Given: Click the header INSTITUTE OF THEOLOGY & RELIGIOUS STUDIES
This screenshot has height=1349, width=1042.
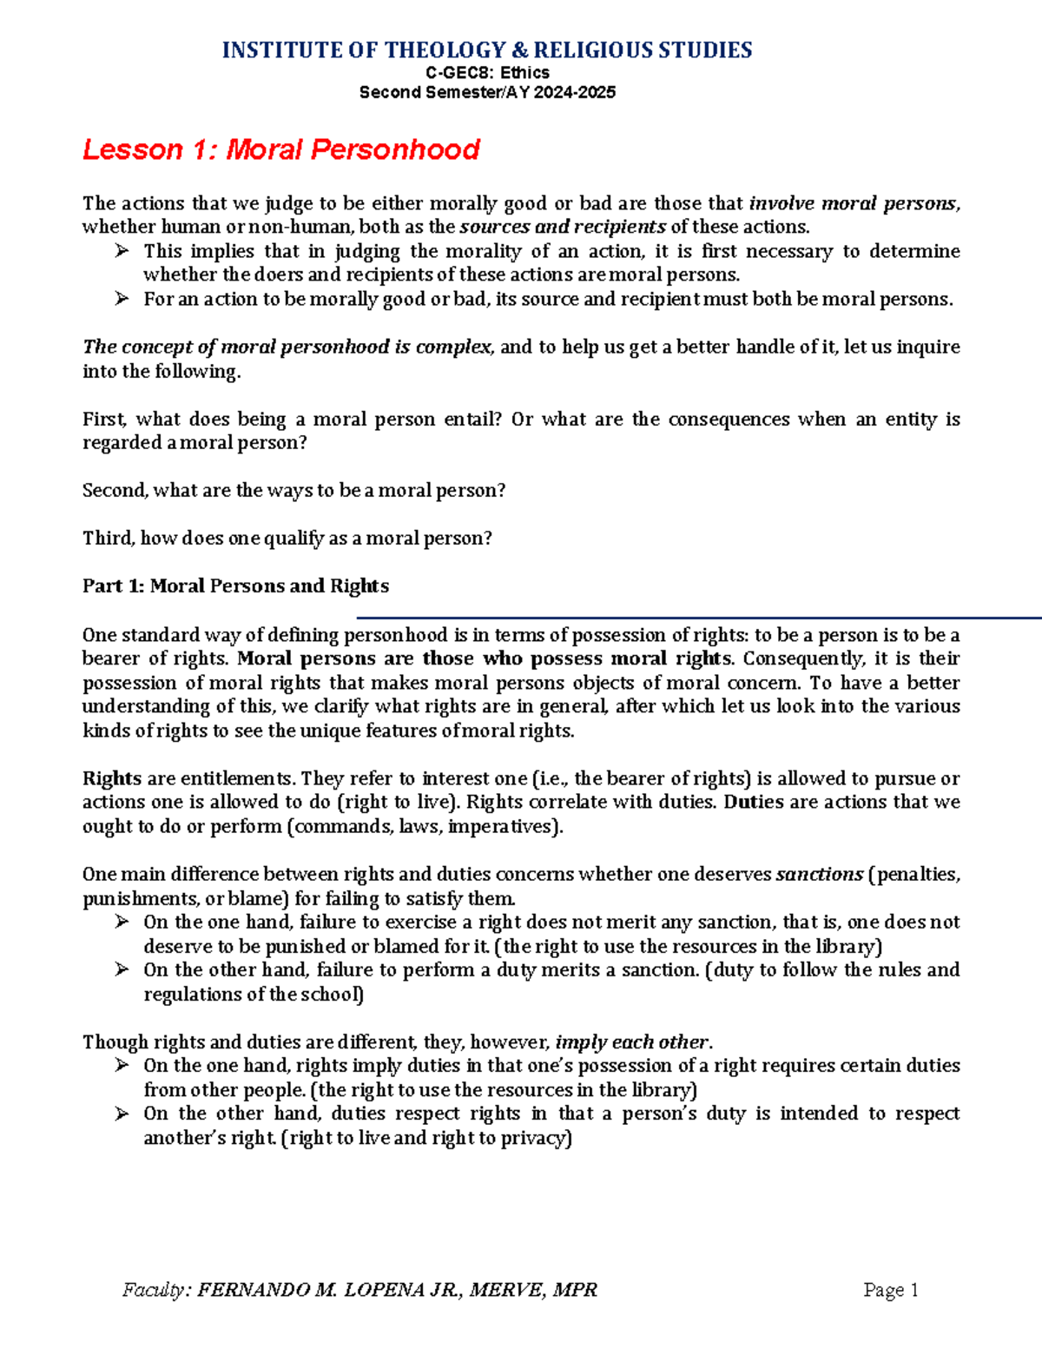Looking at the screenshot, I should (487, 50).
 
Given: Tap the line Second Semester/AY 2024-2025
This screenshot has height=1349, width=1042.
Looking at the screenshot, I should (487, 92).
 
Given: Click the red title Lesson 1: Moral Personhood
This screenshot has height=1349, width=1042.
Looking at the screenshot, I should (280, 149).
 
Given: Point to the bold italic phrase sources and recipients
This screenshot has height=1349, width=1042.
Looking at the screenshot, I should (563, 228).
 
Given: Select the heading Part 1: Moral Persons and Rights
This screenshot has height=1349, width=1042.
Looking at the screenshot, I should (235, 586).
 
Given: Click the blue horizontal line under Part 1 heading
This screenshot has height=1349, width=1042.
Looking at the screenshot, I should (695, 618).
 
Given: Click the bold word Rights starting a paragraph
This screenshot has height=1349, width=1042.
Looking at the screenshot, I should (112, 778).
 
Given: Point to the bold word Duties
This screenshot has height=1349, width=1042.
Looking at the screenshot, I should (754, 802).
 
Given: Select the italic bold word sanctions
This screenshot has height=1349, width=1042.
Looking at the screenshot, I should (819, 875).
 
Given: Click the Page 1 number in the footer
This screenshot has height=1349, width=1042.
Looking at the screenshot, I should (891, 1290).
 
